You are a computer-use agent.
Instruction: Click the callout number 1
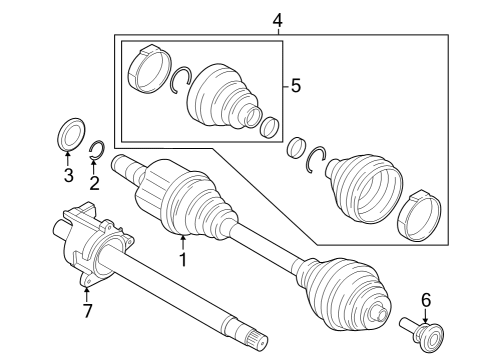(x=182, y=260)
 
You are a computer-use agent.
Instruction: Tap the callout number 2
(x=95, y=182)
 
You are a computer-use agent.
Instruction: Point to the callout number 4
(x=277, y=18)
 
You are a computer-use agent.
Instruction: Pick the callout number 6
(x=425, y=299)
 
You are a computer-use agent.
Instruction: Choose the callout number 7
(x=87, y=312)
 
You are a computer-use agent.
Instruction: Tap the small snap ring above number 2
(x=96, y=152)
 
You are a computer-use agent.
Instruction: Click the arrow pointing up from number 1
(x=182, y=241)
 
